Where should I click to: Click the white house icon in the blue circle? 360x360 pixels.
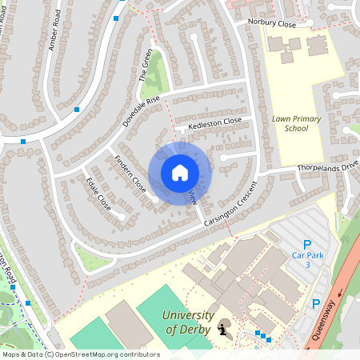(x=180, y=172)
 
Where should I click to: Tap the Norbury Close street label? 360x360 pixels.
(x=272, y=24)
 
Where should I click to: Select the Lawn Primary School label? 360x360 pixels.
(x=295, y=123)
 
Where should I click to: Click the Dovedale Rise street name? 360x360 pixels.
(x=142, y=112)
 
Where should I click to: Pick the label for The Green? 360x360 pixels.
(x=146, y=66)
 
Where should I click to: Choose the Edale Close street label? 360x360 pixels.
(x=98, y=193)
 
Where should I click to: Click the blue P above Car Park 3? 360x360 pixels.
(x=306, y=244)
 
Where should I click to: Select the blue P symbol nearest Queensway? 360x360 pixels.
(x=316, y=304)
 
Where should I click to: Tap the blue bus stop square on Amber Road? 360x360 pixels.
(x=77, y=109)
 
